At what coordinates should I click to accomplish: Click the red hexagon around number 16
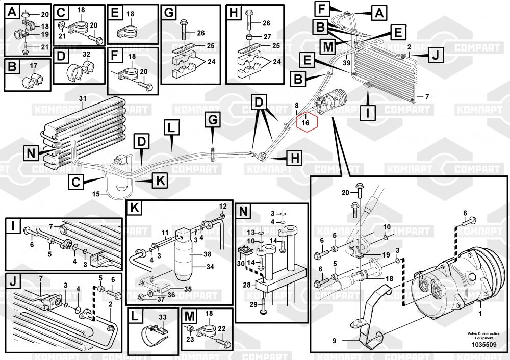tap(306, 122)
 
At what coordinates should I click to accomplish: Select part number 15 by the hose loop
tap(95, 194)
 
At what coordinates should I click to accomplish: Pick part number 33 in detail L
tap(163, 317)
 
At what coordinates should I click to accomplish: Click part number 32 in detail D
tap(86, 54)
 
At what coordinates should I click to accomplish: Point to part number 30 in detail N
tap(241, 263)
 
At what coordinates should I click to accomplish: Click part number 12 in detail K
tap(222, 206)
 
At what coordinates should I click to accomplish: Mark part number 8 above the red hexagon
tap(296, 105)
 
